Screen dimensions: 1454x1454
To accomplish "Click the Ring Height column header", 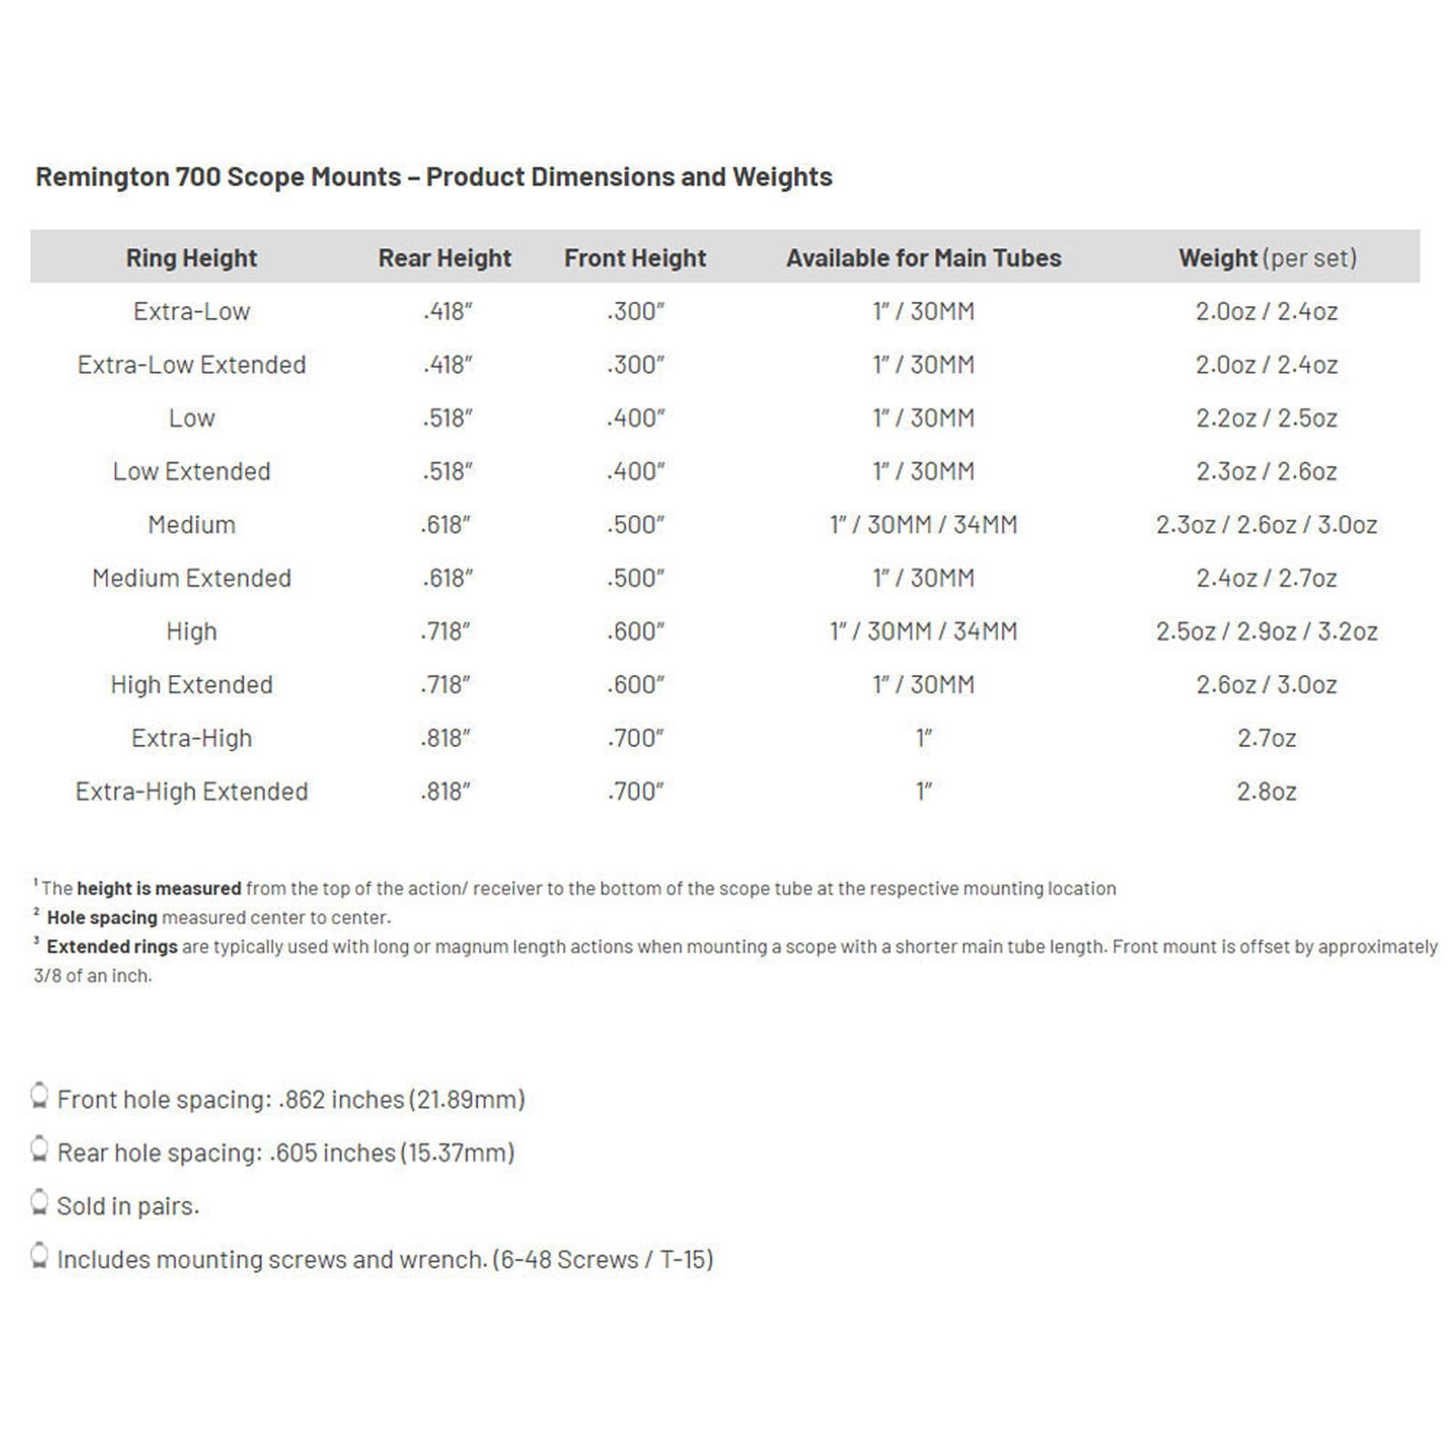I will (x=191, y=258).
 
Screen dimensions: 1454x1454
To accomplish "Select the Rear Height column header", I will (x=444, y=258).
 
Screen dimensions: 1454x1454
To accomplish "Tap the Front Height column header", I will (x=634, y=258).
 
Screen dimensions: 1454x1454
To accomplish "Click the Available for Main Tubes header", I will (x=923, y=258).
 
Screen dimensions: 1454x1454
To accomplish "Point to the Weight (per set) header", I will (x=1267, y=258).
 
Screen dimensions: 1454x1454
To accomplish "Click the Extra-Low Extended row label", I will (x=191, y=364).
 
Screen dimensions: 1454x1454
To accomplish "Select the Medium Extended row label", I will (x=191, y=578).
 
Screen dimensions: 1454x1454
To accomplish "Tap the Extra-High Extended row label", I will (x=191, y=792).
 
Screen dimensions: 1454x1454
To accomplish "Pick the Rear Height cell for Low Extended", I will (x=446, y=472).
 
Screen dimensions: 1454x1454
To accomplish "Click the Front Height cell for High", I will (x=635, y=632).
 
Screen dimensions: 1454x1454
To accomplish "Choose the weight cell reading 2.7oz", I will (x=1266, y=738).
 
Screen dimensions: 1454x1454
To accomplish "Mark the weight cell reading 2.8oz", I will (x=1266, y=792).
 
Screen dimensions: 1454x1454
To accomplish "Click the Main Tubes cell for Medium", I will (x=923, y=525).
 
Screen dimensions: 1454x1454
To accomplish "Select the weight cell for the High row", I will (x=1266, y=632).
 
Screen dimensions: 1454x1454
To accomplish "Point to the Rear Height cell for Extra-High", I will (x=445, y=738).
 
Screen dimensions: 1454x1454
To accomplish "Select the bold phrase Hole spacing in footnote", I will (x=102, y=918).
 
